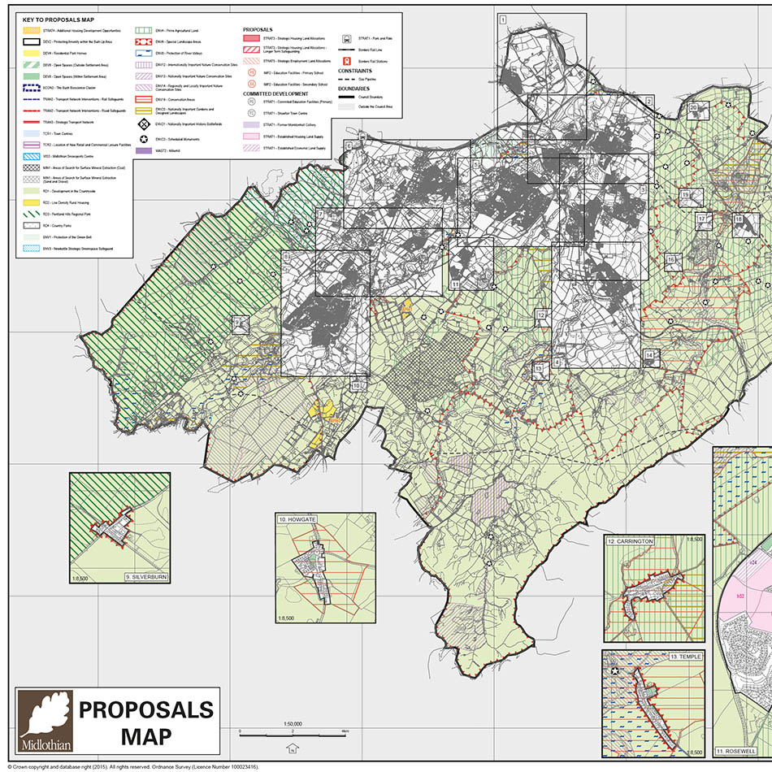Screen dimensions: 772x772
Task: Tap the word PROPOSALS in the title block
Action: (x=145, y=709)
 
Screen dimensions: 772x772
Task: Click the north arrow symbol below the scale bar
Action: (x=290, y=749)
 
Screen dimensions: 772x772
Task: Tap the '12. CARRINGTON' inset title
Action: (x=631, y=540)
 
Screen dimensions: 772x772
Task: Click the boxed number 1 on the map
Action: (x=503, y=20)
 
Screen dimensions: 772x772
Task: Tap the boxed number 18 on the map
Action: (x=739, y=219)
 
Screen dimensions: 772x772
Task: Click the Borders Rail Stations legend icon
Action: (x=347, y=60)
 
